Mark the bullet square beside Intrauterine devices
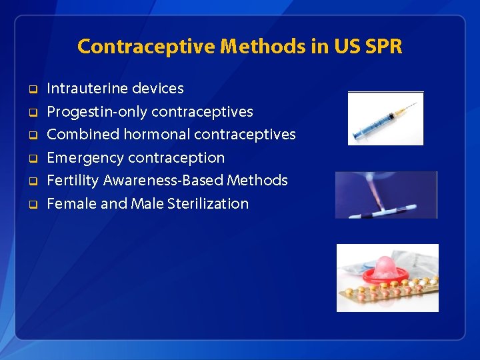pos(31,89)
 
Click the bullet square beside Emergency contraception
pos(31,158)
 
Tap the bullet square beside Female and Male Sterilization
pos(31,204)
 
